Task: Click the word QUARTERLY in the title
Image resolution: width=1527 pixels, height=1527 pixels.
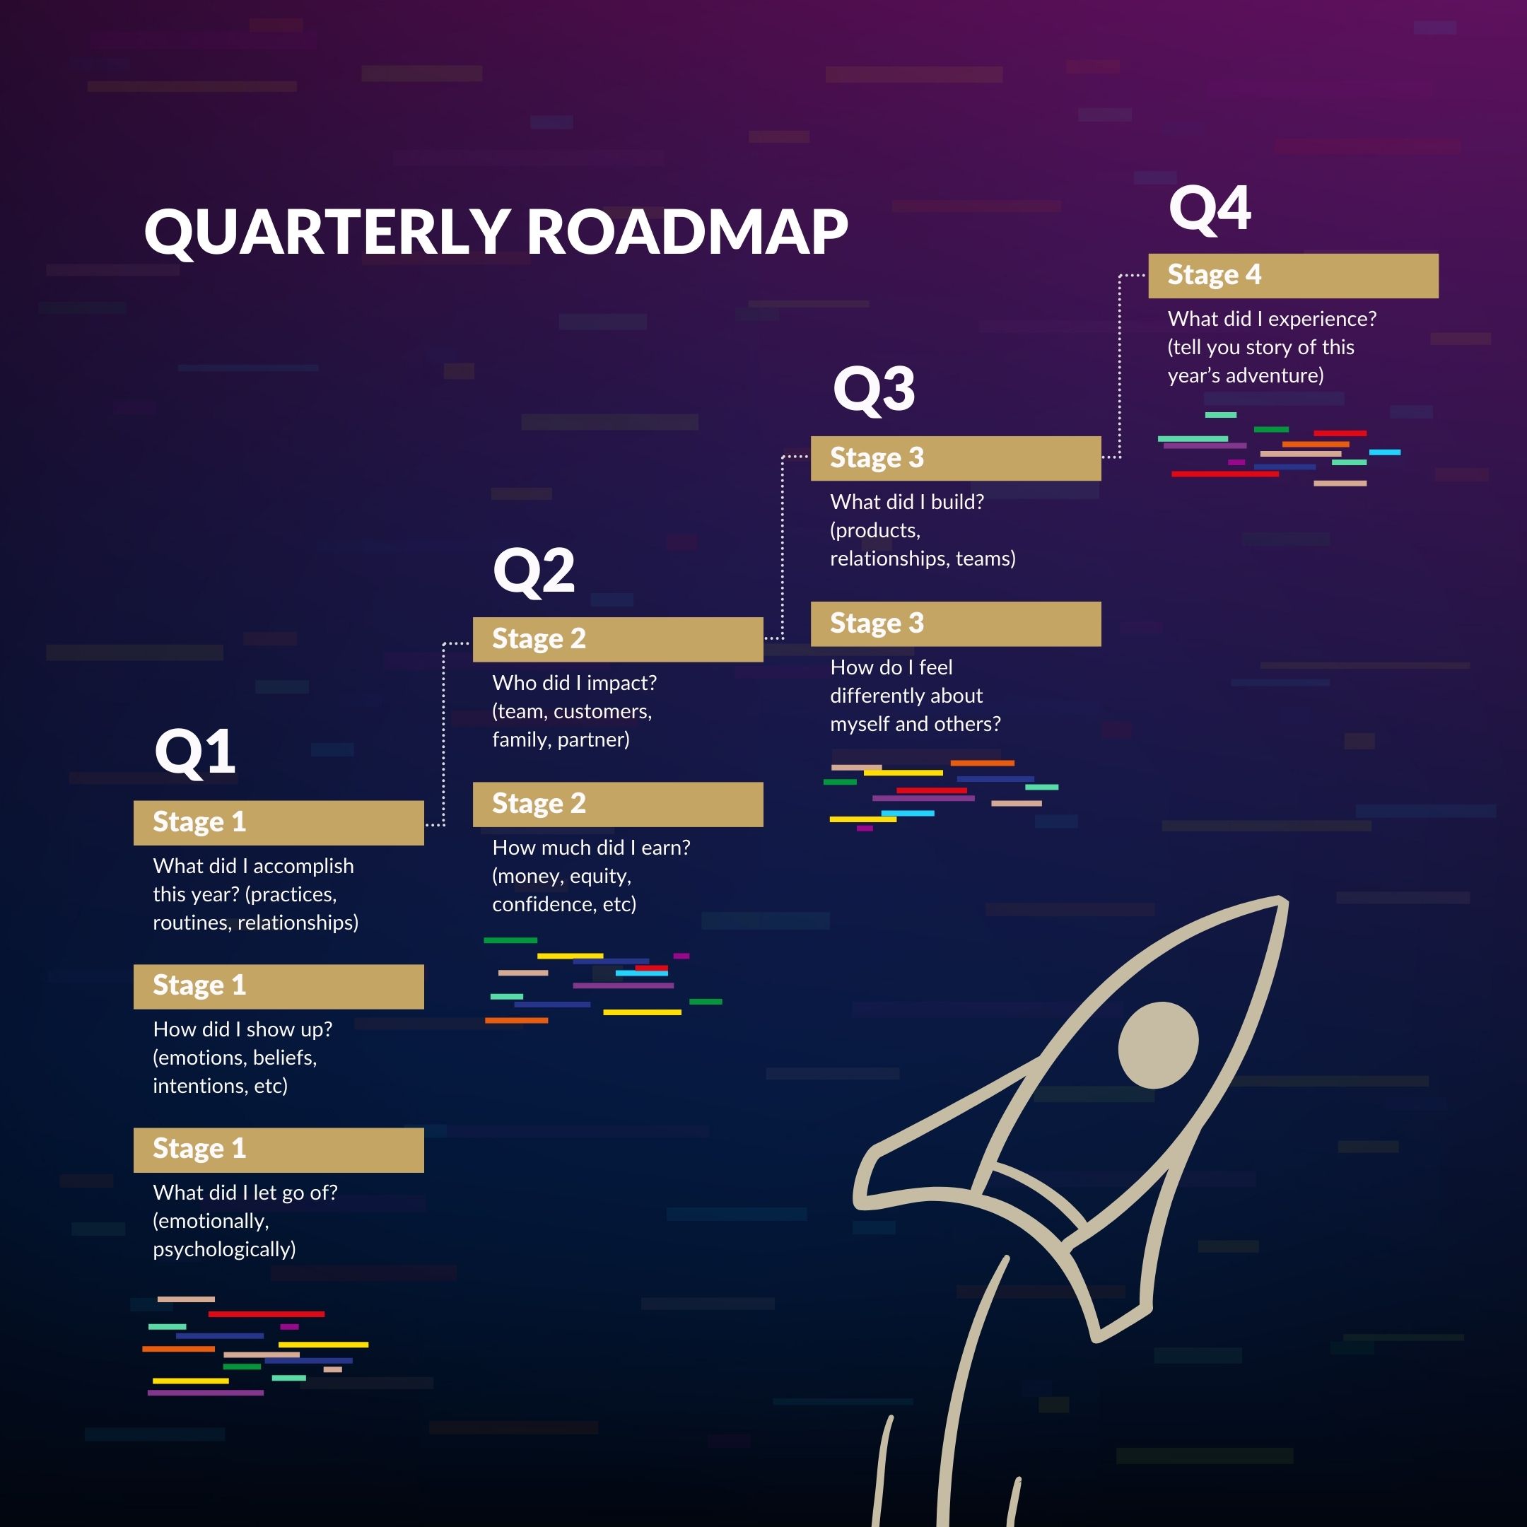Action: (327, 233)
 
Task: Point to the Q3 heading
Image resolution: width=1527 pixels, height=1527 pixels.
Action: (874, 389)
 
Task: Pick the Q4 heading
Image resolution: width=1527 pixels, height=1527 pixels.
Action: (1210, 208)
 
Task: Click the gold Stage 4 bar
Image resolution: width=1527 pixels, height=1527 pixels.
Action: (1293, 276)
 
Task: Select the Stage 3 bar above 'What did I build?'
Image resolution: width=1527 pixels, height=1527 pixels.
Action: (956, 458)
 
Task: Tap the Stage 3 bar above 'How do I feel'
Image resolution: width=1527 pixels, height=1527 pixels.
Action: (956, 624)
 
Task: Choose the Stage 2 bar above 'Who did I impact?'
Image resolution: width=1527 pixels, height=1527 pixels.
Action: (618, 639)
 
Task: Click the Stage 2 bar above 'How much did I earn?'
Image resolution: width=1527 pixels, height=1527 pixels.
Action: (618, 805)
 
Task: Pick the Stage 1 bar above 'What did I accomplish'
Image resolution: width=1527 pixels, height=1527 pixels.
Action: (279, 823)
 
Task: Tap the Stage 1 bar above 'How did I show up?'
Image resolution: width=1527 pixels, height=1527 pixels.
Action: (279, 986)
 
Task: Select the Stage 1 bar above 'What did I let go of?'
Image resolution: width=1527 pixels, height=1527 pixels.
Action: (279, 1150)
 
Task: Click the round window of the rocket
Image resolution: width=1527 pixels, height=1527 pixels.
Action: (1158, 1045)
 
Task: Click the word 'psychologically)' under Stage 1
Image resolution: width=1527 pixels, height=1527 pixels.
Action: (225, 1250)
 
